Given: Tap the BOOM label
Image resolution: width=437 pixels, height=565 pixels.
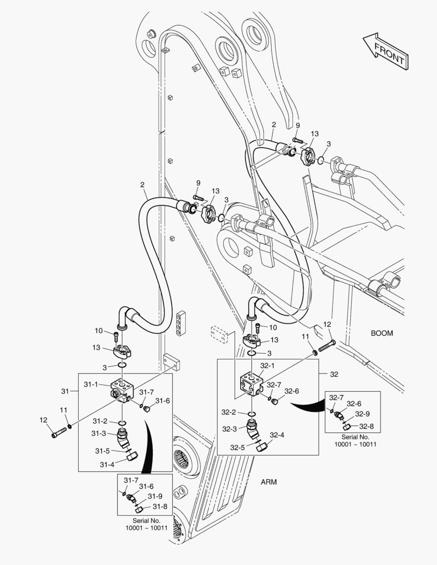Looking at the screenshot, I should (x=382, y=333).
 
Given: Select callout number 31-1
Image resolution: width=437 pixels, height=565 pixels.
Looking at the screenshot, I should (x=91, y=384).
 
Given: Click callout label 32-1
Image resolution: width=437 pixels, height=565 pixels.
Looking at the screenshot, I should (x=268, y=366).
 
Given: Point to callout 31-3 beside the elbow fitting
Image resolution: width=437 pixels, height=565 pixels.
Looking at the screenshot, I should (x=100, y=433).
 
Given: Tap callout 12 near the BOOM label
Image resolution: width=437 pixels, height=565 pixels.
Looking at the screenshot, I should (x=327, y=324).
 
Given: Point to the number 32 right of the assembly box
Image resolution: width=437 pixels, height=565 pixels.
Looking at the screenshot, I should (x=334, y=374).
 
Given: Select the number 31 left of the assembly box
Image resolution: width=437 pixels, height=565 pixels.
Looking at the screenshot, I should (x=65, y=391).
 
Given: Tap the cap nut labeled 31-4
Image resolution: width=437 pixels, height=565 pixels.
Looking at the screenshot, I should (x=132, y=458).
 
